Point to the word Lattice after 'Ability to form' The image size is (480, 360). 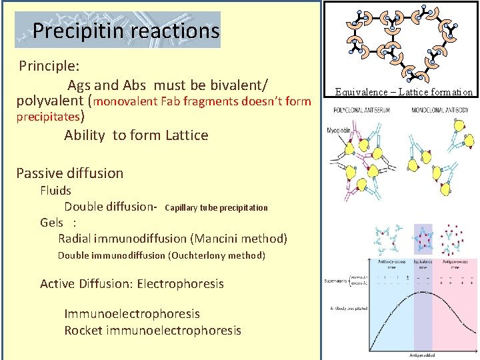tap(183, 135)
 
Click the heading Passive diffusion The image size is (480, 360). tap(70, 173)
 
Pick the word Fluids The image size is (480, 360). tap(55, 190)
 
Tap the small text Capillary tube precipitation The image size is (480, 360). tap(215, 207)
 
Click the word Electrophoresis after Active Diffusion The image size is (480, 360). tap(181, 284)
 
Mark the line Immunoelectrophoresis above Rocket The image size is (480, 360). tap(132, 313)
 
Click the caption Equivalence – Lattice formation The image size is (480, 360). tap(403, 93)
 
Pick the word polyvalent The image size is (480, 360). tap(50, 101)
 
